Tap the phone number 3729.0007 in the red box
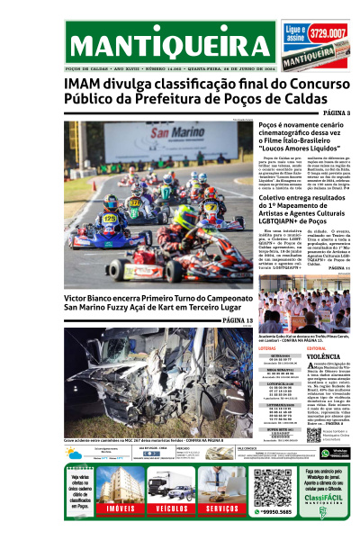pyautogui.click(x=327, y=34)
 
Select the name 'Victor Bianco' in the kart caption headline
pyautogui.click(x=92, y=296)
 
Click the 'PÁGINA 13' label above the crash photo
pyautogui.click(x=237, y=320)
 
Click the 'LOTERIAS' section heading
pyautogui.click(x=266, y=347)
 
